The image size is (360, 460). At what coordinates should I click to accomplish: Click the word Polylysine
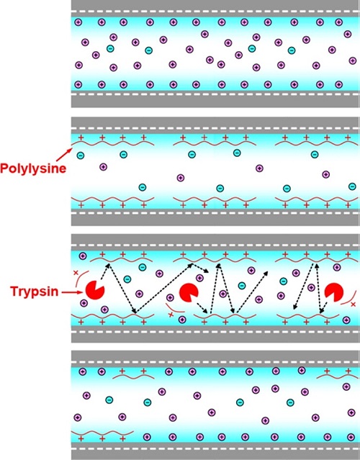(x=33, y=168)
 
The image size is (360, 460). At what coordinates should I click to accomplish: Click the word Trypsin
(x=35, y=292)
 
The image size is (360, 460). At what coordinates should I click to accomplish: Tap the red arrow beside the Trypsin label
(x=73, y=292)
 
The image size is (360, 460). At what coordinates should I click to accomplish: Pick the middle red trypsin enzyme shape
(x=189, y=292)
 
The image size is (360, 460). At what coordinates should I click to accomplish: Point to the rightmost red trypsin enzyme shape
(x=334, y=292)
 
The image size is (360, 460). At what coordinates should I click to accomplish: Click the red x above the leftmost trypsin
(x=76, y=273)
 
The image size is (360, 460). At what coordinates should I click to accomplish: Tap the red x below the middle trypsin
(x=170, y=315)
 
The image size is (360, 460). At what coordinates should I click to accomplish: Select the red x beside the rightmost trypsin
(x=354, y=305)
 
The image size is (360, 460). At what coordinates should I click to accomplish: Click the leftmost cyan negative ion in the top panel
(x=110, y=48)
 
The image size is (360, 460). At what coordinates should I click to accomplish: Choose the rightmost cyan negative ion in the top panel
(x=292, y=50)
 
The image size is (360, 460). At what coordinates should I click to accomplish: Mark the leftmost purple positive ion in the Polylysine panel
(x=103, y=167)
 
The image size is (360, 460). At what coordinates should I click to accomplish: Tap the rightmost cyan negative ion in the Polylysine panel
(x=352, y=186)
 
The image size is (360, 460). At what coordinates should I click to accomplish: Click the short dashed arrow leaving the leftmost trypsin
(x=104, y=271)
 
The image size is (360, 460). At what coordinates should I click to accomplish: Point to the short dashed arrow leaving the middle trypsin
(x=203, y=307)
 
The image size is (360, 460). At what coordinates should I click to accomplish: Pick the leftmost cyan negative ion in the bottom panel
(x=109, y=400)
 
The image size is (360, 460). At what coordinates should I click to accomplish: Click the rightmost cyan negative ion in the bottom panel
(x=290, y=402)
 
